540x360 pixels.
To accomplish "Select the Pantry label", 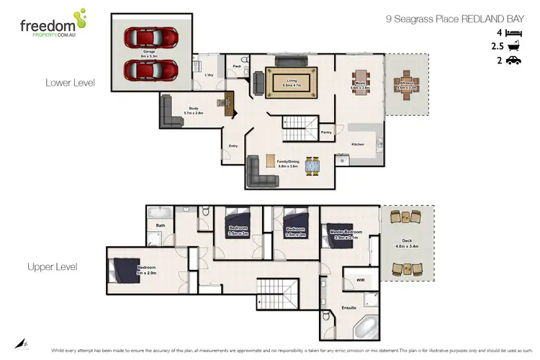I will (x=326, y=132).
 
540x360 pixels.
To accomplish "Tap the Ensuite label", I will (x=348, y=308).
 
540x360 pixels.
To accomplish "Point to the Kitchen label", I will (x=358, y=145).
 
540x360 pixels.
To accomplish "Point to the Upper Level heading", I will (x=53, y=266).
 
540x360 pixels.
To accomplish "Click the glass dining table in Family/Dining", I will (x=312, y=166).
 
